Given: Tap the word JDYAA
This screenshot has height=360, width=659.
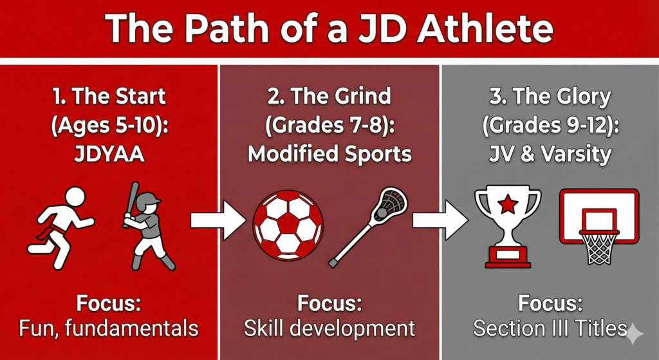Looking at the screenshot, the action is [x=109, y=155].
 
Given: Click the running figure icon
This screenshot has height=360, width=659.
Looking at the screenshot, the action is [x=61, y=227].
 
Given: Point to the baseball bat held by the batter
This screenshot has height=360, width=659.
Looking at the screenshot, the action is [x=129, y=204].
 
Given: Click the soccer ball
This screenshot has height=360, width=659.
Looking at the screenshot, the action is [x=288, y=226].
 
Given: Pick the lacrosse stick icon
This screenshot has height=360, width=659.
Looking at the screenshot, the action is [x=368, y=227].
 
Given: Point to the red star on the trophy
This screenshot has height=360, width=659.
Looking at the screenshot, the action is [x=508, y=205].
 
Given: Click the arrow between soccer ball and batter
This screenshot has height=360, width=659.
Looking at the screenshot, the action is [x=218, y=220].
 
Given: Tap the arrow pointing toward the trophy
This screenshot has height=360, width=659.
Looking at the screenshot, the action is [x=440, y=220].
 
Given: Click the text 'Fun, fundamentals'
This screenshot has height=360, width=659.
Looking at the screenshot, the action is [x=109, y=328].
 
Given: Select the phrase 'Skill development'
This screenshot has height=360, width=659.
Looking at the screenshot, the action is [x=329, y=328].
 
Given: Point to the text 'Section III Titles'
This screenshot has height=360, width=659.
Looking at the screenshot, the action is [x=550, y=328].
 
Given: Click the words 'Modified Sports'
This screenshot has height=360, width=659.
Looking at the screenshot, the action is [x=329, y=155].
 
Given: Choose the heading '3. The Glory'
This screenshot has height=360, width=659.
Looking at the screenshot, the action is [x=550, y=97].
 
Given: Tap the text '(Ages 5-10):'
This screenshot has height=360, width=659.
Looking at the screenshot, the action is [x=109, y=126].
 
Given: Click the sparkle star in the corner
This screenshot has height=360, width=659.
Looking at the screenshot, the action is [x=635, y=334].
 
